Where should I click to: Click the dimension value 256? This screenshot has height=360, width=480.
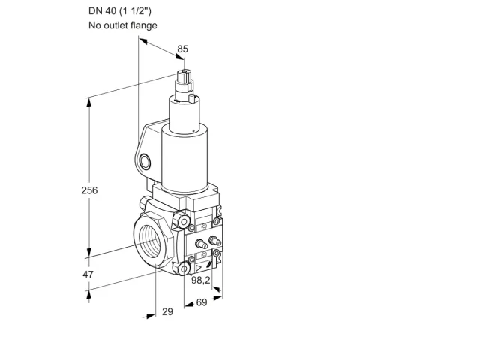89,190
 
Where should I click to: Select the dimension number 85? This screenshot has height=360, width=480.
183,49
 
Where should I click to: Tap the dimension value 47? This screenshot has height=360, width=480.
88,274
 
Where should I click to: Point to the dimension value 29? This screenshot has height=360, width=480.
167,312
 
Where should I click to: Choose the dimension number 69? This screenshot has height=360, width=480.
202,302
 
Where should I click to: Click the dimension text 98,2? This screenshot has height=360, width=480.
201,280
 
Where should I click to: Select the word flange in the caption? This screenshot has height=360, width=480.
144,25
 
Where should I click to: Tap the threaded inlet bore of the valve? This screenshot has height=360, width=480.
151,241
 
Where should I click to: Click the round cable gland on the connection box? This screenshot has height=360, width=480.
145,162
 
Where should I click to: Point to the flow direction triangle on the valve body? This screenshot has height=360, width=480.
199,268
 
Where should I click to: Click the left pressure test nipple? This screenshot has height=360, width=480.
201,244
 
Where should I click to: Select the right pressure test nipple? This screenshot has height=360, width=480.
214,240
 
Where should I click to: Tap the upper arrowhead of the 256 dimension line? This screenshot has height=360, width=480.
89,103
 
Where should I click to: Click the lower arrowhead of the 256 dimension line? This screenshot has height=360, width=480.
89,252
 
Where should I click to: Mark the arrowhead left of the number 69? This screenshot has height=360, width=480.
189,304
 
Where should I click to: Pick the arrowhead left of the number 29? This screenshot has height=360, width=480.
151,316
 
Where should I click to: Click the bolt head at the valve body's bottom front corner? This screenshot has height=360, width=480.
183,268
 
